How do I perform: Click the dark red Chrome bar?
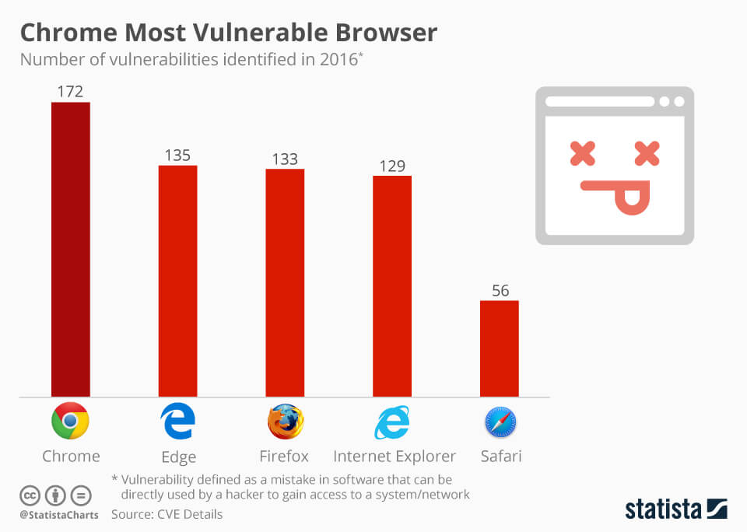coord(71,249)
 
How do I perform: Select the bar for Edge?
coord(177,281)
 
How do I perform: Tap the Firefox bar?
coord(285,282)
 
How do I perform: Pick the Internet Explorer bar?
coord(392,285)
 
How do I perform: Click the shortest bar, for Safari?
coord(499,348)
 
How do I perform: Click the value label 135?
coord(177,155)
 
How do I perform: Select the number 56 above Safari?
coord(500,290)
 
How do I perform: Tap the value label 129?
coord(392,166)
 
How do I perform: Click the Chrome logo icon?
coord(71,422)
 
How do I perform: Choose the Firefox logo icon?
coord(285,422)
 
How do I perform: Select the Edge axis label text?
coord(177,457)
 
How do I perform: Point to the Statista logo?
coord(675,509)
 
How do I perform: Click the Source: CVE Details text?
coord(167,514)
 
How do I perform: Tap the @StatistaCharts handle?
coord(59,515)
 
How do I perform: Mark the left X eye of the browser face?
coord(582,153)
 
